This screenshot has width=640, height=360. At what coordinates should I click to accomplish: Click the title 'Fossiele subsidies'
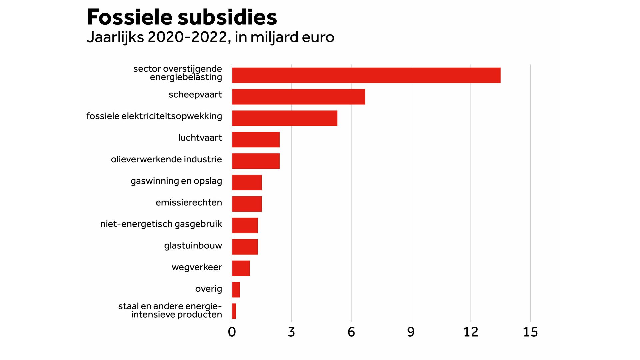pos(182,17)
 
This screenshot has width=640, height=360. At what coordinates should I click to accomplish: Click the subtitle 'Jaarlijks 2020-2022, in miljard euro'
pos(210,37)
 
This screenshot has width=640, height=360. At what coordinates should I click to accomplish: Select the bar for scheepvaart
pos(298,97)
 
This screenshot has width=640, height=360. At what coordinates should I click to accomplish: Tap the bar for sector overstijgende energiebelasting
pos(366,75)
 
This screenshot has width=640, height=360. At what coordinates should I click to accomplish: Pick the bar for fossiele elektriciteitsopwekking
pos(284,118)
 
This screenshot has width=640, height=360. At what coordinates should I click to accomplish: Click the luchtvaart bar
pos(256,140)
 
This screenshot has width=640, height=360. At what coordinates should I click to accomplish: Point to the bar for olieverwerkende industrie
pos(256,161)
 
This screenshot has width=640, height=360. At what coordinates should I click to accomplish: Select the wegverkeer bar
pos(241,268)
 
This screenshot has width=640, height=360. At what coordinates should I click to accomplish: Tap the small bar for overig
pos(236,290)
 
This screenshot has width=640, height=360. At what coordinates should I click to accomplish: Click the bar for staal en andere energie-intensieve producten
pos(234,311)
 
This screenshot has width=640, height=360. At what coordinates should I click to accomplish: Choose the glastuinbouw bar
pos(245,247)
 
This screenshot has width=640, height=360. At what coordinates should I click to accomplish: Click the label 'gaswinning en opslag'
pos(176,181)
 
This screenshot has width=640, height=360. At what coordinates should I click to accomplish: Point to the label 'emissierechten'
pos(189,203)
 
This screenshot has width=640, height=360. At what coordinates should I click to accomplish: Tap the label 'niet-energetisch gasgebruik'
pos(161,224)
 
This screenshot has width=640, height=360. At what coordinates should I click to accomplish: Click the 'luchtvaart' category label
pos(200,138)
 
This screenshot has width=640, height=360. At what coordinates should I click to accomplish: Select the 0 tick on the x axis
pos(232,332)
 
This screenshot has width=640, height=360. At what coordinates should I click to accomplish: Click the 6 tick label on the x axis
pos(351,332)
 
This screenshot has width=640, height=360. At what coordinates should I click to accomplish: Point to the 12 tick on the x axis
pos(470,332)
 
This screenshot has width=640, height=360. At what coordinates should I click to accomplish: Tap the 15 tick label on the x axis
pos(530,332)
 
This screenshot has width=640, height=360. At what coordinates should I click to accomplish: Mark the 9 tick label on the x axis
pos(411,332)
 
